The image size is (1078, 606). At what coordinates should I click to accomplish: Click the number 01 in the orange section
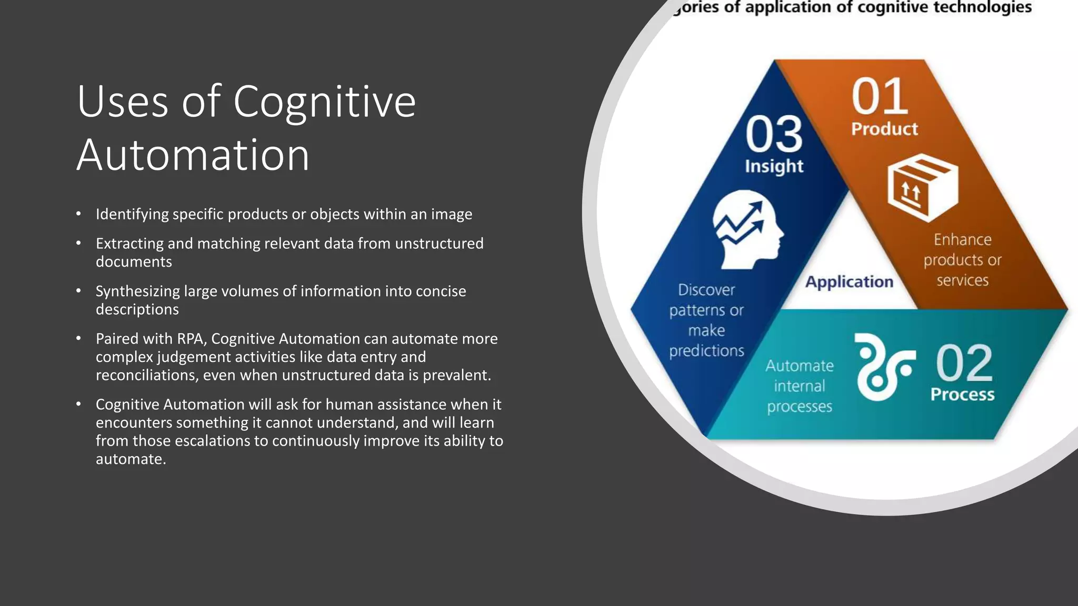pos(880,97)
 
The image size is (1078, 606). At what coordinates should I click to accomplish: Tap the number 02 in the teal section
pos(964,363)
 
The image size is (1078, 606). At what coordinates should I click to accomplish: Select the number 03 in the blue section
pos(774,135)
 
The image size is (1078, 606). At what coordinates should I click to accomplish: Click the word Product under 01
pos(884,129)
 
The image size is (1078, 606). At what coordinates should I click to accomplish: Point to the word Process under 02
pos(962,395)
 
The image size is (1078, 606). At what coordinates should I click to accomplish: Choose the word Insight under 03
pos(774,166)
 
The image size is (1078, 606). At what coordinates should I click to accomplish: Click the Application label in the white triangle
pos(849,282)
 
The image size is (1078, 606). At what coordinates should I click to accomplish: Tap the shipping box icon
pos(923,187)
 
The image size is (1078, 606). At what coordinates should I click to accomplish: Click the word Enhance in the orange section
pos(962,240)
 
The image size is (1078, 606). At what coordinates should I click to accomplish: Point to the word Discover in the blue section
pos(706,290)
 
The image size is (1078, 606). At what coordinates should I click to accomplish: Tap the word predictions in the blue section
pos(706,351)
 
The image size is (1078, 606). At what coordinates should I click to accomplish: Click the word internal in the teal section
pos(799,386)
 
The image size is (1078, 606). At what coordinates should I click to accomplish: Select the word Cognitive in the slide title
pos(324,101)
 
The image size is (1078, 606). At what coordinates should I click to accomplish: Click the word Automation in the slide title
pos(193,155)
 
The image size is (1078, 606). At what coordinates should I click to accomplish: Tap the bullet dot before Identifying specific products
pos(78,214)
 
